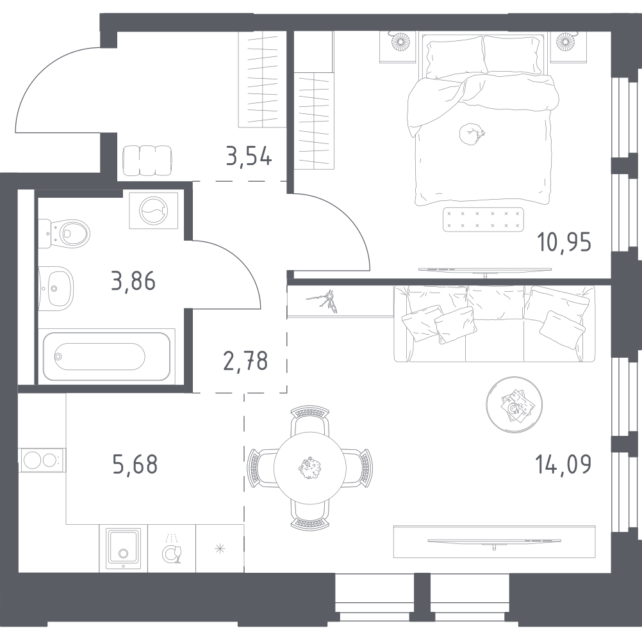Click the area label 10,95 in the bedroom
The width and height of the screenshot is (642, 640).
tap(564, 243)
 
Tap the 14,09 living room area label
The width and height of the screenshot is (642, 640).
tap(563, 465)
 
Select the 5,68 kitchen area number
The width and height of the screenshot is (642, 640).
tap(135, 465)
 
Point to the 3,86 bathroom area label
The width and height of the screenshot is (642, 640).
tap(133, 282)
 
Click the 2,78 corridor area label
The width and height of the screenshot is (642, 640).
tap(245, 361)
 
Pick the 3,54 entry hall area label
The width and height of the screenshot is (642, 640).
tap(249, 156)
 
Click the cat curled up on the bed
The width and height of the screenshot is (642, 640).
tap(471, 134)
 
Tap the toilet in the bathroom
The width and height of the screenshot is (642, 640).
tap(64, 234)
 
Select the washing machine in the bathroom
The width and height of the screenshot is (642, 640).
tap(154, 211)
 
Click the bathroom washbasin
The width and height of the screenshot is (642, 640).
tap(56, 288)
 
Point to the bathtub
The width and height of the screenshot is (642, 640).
tap(107, 356)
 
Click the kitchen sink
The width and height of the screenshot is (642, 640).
tap(123, 548)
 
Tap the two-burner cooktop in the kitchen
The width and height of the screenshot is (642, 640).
tap(42, 460)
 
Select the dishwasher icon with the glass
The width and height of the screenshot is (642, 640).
tap(172, 549)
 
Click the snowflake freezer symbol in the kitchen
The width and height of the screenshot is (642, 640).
tap(220, 549)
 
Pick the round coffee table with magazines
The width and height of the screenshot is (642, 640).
tap(514, 405)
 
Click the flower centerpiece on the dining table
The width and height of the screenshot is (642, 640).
tap(310, 468)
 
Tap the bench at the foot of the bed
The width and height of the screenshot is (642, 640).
tap(483, 219)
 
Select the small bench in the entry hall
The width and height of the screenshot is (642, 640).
tap(147, 161)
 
